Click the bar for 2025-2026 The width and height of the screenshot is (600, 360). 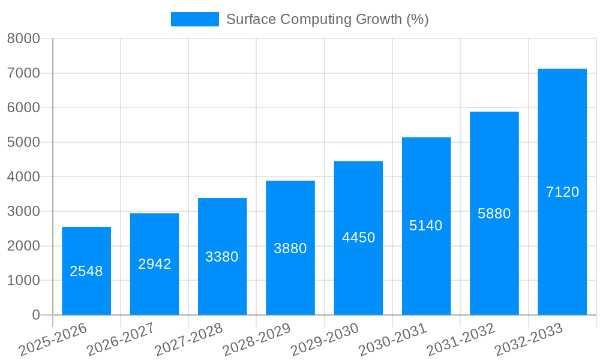86,271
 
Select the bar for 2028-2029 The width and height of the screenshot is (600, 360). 290,248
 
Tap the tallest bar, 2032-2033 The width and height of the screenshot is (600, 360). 562,192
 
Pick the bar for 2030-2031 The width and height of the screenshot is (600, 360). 426,226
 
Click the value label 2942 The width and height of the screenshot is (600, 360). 155,264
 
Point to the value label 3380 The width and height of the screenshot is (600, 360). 222,257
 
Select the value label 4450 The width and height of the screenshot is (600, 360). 358,238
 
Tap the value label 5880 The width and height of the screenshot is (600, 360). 494,214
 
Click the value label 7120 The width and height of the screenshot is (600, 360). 562,192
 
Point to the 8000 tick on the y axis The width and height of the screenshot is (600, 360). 23,39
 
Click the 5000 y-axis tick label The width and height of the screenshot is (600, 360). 23,143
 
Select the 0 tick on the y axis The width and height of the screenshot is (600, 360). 35,315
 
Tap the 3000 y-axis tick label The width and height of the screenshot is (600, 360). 23,212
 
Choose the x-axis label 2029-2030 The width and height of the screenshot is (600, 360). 325,340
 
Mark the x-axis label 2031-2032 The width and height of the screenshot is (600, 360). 461,340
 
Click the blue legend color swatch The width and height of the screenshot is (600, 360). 195,19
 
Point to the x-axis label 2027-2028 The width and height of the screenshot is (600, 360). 189,340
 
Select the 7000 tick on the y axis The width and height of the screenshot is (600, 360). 23,73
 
